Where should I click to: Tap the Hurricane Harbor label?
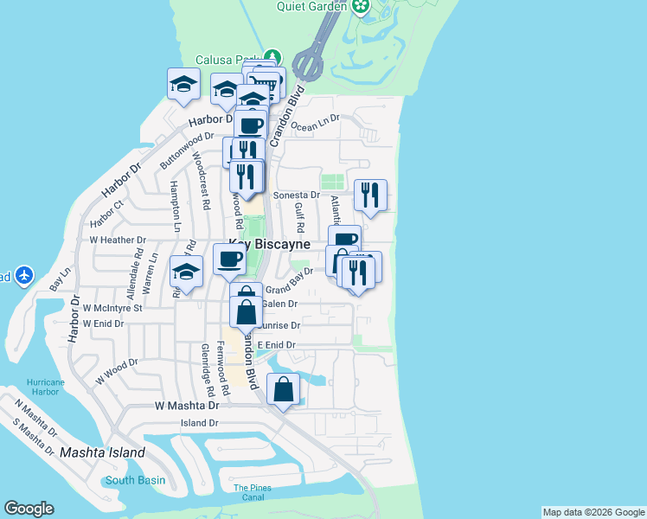coord(45,387)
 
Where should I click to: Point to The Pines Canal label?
coord(253,492)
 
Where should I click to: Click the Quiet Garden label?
coord(311,6)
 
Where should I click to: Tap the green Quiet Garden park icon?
coord(362,7)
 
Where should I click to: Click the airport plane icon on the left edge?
coord(23,276)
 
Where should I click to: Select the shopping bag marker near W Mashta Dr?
coord(284,391)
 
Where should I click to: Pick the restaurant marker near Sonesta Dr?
coord(371,195)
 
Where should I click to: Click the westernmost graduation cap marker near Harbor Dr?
coord(183,85)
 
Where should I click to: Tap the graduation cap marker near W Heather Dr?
coord(186,272)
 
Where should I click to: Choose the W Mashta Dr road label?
coord(185,405)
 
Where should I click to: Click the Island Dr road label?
coord(199,423)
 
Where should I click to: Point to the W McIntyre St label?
coord(112,307)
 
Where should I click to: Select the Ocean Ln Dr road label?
coord(317,126)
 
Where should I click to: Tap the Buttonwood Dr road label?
coord(187,150)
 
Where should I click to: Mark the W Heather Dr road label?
coord(118,240)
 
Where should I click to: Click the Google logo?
coord(29,509)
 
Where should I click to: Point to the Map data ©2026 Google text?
coord(593,512)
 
